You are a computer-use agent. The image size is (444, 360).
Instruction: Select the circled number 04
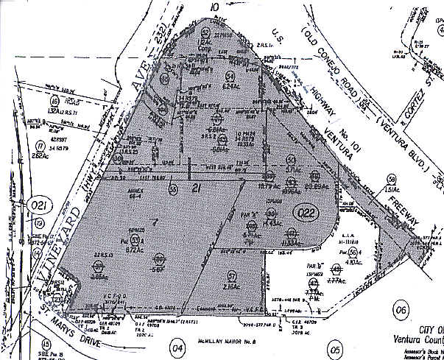[176, 347]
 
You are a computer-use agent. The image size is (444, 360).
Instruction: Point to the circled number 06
[401, 311]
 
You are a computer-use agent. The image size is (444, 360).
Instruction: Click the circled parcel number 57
[232, 275]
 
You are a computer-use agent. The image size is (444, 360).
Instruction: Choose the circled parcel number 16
[53, 101]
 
